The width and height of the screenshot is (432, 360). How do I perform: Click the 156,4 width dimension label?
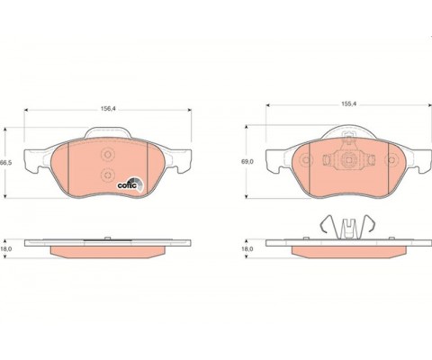click(x=108, y=109)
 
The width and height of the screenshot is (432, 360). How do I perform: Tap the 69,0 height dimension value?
click(x=247, y=161)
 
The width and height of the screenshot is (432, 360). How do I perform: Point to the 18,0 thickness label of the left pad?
click(x=6, y=248)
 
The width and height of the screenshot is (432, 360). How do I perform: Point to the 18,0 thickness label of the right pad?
click(x=247, y=248)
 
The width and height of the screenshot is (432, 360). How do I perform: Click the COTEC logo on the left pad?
click(x=130, y=184)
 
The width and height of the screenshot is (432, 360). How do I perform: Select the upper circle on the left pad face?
click(x=108, y=155)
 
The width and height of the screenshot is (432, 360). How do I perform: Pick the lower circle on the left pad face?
click(x=108, y=175)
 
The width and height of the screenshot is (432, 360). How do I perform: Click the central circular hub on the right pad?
click(x=348, y=160)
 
